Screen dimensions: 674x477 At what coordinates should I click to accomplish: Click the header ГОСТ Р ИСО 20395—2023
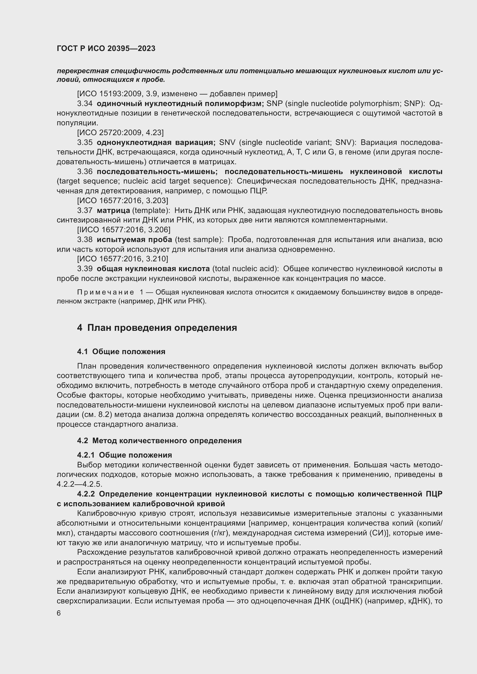[x=106, y=49]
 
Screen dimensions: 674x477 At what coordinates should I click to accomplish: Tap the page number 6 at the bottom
[x=59, y=613]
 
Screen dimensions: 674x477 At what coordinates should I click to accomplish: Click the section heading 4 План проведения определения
[x=157, y=328]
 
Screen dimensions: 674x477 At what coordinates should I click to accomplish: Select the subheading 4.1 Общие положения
[x=121, y=352]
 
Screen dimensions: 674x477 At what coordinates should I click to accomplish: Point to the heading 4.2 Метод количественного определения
[x=159, y=441]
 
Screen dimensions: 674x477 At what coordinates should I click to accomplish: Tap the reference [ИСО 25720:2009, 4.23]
[x=121, y=133]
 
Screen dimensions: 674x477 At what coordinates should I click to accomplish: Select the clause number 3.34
[x=85, y=104]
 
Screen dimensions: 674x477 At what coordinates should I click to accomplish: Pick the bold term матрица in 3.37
[x=113, y=210]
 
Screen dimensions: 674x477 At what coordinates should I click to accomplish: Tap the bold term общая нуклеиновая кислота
[x=153, y=269]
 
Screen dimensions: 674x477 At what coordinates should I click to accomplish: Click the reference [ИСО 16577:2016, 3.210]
[x=123, y=259]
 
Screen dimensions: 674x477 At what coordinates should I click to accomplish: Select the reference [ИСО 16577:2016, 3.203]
[x=123, y=201]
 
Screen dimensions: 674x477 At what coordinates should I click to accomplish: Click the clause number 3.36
[x=85, y=172]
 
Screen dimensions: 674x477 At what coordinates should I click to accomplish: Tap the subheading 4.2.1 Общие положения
[x=125, y=455]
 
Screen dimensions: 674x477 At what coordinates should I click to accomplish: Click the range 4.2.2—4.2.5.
[x=79, y=484]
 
